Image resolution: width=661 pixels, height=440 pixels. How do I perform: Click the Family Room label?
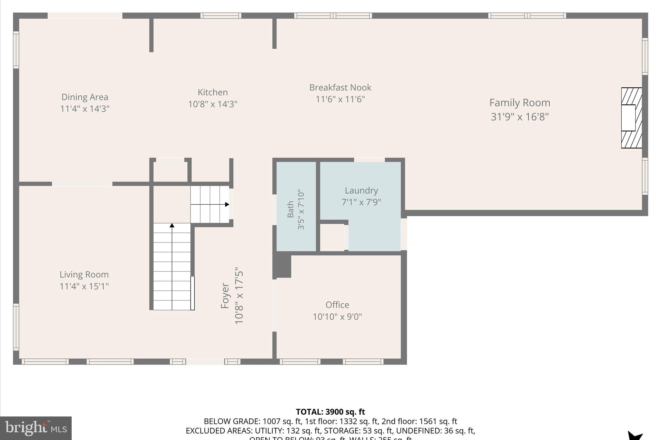point(520,103)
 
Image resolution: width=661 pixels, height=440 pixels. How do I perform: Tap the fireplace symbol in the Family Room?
point(631,118)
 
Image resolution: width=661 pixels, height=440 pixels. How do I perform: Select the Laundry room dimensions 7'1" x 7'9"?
point(361,202)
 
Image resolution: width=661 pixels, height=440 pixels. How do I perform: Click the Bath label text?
point(290,209)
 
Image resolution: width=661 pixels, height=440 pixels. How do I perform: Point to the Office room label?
point(337,305)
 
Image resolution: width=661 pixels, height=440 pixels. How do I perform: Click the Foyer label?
point(225,296)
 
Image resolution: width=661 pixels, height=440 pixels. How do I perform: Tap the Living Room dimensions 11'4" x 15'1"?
point(84,286)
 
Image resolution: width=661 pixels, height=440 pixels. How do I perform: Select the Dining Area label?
point(85,97)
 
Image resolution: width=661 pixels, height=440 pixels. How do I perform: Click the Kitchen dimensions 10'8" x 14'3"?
point(213,104)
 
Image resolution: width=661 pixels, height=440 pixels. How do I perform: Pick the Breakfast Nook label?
point(340,87)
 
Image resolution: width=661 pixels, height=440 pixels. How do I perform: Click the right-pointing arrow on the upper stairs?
point(227,204)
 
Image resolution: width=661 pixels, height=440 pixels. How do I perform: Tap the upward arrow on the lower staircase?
point(172,225)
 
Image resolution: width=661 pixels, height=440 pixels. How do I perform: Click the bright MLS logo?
point(36,428)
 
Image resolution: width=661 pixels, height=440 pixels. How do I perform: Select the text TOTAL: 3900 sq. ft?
point(330,412)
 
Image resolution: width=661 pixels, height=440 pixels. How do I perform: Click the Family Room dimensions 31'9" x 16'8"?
point(520,117)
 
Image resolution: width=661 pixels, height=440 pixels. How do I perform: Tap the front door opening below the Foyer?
point(205,362)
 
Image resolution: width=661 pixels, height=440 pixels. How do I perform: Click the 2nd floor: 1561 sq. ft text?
point(419,421)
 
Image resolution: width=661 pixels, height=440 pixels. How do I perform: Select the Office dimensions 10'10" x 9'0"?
point(337,317)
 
